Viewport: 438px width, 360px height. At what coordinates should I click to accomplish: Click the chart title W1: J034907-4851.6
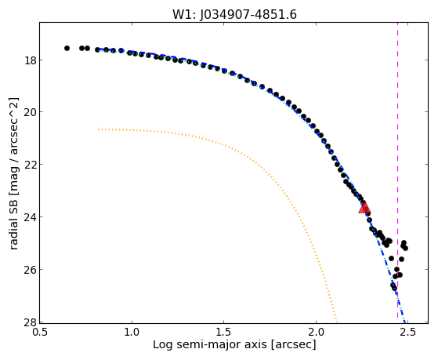[x=234, y=15]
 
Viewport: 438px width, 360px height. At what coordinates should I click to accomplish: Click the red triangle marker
[x=364, y=207]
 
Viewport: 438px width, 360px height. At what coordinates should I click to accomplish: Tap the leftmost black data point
[x=67, y=48]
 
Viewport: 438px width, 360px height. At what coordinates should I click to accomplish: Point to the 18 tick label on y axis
[x=30, y=60]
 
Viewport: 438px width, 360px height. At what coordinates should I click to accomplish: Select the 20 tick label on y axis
[x=30, y=112]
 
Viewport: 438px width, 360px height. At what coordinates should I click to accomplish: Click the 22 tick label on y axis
[x=30, y=164]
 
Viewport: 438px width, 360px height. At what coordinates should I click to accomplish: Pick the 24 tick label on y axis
[x=30, y=216]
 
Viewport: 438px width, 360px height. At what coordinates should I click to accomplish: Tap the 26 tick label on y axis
[x=30, y=269]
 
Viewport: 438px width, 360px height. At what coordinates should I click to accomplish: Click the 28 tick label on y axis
[x=30, y=322]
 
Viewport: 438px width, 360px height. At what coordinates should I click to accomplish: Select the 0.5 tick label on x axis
[x=40, y=332]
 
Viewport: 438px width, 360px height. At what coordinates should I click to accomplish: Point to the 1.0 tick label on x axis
[x=132, y=332]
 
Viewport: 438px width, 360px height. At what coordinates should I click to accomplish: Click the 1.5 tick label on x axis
[x=224, y=332]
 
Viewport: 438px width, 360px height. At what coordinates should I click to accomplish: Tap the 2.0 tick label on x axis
[x=316, y=332]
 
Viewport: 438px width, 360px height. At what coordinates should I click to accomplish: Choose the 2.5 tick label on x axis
[x=407, y=332]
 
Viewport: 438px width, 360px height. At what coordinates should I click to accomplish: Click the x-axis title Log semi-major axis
[x=210, y=344]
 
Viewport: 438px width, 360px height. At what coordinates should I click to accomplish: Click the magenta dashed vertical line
[x=397, y=173]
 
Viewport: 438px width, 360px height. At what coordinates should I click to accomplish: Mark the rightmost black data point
[x=405, y=248]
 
